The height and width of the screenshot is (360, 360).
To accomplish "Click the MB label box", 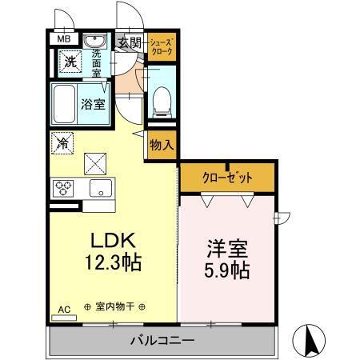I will (62, 38).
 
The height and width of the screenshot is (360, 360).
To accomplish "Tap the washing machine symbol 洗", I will (70, 61).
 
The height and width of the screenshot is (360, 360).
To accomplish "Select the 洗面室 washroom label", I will (97, 61).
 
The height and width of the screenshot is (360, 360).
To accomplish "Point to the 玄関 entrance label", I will (130, 43).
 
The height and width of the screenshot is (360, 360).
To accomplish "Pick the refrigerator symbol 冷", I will (62, 144).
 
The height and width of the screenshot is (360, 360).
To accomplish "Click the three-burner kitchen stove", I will (63, 189).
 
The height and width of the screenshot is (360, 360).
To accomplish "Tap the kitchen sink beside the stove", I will (100, 190).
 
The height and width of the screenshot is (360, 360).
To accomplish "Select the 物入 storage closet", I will (161, 145).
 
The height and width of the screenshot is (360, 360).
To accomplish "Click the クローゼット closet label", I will (226, 178).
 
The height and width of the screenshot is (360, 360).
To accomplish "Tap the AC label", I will (63, 307).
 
